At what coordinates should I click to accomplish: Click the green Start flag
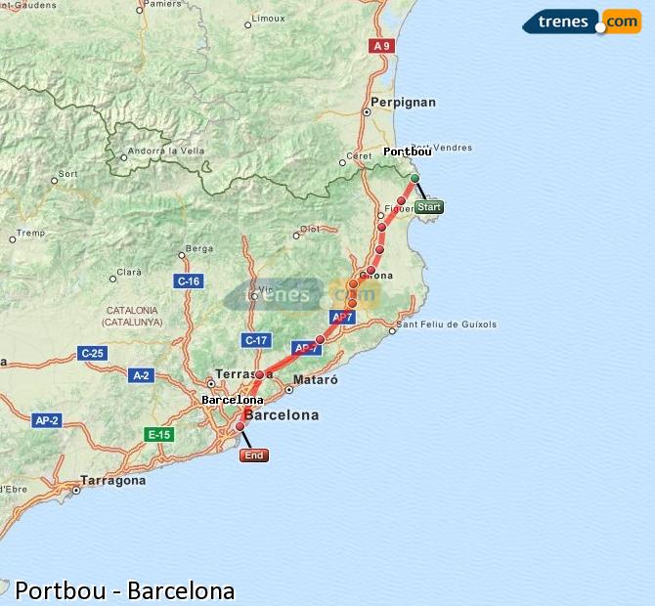pos(429,206)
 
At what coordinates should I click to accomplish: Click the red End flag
pos(254,455)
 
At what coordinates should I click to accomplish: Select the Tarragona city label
pos(113,481)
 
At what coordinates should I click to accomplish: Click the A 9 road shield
pos(380,46)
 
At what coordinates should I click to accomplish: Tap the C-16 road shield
pos(189,281)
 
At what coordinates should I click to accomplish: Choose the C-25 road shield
pos(93,353)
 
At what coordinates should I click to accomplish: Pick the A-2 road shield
pos(141,374)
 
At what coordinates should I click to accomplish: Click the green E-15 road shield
pos(158,434)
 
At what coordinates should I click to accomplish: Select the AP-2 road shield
pos(47,420)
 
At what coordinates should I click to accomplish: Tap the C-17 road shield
pos(255,340)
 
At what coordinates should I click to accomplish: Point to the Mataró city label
pos(315,379)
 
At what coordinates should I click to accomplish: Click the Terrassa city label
pos(244,374)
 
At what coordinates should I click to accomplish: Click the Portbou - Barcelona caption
pos(124,590)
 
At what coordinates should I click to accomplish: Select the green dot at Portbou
pos(415,178)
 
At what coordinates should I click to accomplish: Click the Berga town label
pos(198,249)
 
